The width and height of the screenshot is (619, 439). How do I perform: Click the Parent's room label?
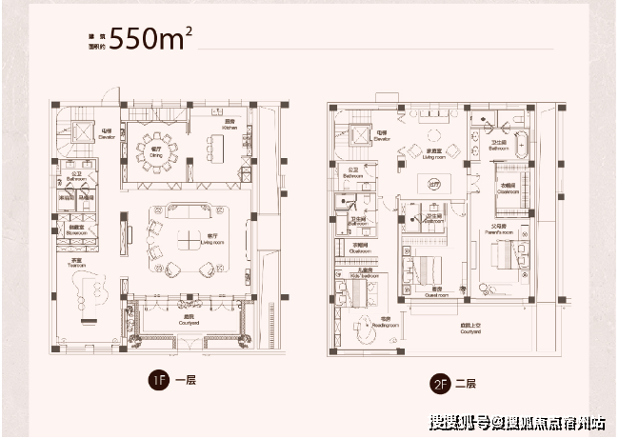tap(498, 229)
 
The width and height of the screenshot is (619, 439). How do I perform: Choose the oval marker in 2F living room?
tap(434, 184)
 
